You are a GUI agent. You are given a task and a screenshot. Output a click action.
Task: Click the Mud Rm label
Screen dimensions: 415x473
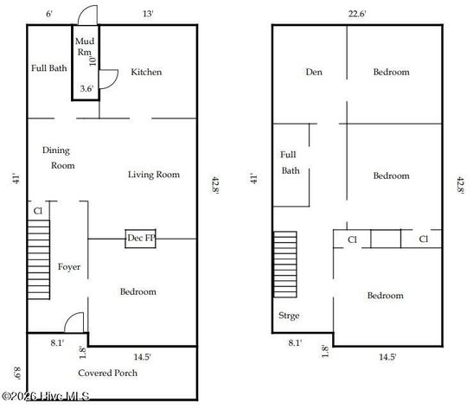[84, 47]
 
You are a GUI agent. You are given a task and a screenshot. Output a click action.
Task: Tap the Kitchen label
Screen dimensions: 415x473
[146, 73]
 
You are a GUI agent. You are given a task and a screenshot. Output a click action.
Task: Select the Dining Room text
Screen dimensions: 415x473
[59, 157]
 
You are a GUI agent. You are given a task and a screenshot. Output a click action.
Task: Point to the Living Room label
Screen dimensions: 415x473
[154, 175]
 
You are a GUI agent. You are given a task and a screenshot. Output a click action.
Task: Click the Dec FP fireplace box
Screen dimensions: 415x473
[141, 238]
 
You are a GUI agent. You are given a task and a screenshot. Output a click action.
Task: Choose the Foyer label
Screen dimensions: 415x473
[69, 267]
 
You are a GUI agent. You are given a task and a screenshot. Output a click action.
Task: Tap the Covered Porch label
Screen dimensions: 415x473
[108, 373]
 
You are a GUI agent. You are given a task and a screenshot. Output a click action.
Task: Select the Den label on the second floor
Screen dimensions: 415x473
[313, 73]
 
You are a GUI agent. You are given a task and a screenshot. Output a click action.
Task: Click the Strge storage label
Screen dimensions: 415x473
[289, 316]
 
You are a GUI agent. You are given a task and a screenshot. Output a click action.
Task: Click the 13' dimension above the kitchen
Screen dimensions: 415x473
[149, 13]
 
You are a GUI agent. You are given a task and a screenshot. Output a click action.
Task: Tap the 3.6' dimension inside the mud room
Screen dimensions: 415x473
[86, 88]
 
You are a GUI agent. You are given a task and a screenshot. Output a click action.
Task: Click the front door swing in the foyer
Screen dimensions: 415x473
[76, 321]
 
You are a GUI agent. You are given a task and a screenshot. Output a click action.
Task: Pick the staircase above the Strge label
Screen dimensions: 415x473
[285, 264]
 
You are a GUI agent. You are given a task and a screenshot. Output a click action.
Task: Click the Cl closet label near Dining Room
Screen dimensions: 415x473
[37, 211]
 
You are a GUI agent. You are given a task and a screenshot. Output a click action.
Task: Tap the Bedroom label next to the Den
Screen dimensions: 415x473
[391, 73]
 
